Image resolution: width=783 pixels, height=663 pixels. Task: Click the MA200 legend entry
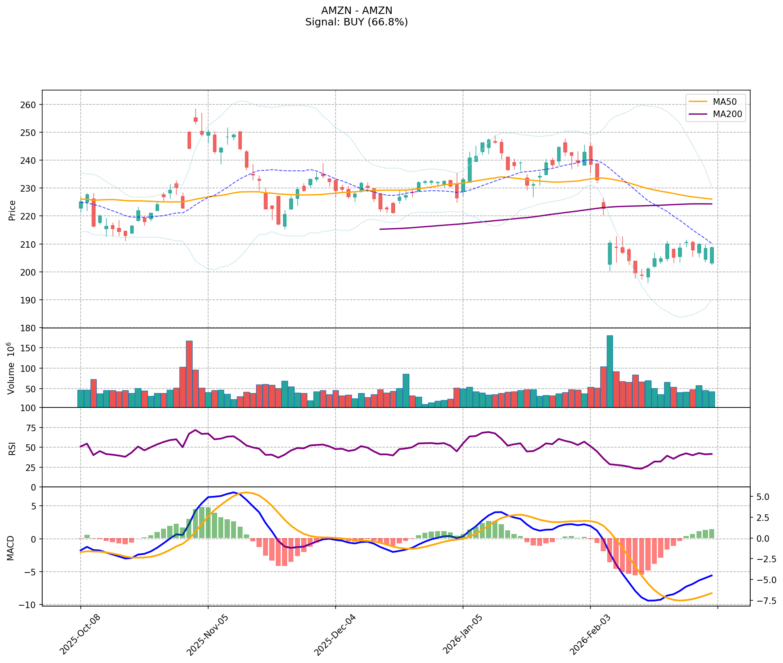click(x=727, y=114)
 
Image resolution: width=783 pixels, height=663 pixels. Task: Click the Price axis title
click(x=12, y=210)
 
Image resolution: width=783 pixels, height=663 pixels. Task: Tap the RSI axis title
click(x=12, y=448)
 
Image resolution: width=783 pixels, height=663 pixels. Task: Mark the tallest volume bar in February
click(x=610, y=371)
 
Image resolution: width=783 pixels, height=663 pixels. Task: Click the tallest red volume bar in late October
click(x=189, y=373)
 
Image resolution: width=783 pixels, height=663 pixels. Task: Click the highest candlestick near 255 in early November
click(x=195, y=119)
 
